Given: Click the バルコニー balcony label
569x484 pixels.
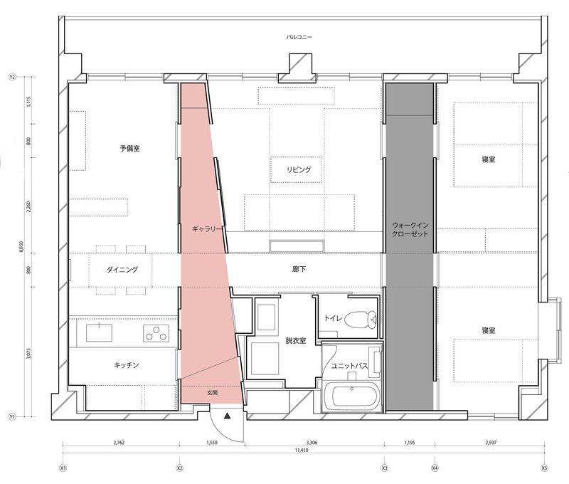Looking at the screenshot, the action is [299, 37].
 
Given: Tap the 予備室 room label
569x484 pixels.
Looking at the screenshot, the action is [129, 148].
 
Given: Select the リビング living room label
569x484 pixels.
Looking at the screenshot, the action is [299, 169].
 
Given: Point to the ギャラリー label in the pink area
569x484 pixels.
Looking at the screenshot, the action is [206, 229].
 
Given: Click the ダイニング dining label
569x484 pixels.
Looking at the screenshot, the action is [122, 270].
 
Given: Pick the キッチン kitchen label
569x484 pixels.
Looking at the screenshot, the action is [127, 365].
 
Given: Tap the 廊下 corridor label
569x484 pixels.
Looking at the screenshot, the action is [299, 269].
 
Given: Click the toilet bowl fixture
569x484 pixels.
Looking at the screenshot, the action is [361, 319].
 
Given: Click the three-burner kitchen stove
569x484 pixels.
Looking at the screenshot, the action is [156, 333].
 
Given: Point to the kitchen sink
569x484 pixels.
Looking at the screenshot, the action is [99, 333].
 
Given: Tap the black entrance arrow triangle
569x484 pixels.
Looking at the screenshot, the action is [227, 416].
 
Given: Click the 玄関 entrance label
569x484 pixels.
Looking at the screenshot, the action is [212, 392].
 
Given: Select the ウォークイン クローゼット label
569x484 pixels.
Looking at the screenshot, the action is [410, 229].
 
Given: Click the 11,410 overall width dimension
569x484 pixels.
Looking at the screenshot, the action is [301, 451].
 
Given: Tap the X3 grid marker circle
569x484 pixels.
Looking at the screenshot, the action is [384, 468].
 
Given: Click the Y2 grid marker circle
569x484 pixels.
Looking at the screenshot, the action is [12, 77].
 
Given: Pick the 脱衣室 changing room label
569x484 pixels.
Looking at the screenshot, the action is [296, 340].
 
